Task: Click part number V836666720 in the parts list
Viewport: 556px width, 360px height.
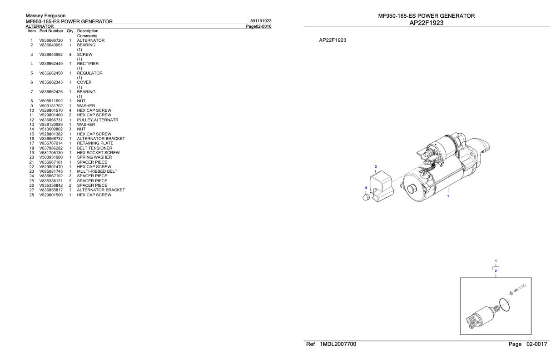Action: coord(51,40)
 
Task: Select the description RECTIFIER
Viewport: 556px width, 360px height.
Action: coord(88,64)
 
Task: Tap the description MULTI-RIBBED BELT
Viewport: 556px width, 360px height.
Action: coord(97,171)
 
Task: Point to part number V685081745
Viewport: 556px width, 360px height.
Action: coord(51,171)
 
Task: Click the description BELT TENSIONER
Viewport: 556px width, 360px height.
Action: coord(94,148)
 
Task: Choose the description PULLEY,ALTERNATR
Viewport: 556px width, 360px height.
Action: coord(97,120)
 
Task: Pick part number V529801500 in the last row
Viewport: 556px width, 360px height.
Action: coord(51,195)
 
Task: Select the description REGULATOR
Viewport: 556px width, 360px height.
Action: coord(89,73)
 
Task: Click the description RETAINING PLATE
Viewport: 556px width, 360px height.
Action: coord(95,143)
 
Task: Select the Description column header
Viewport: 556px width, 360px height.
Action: coord(87,31)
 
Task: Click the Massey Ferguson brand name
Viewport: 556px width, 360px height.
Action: coord(45,16)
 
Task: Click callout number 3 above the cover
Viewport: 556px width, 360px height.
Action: coord(375,167)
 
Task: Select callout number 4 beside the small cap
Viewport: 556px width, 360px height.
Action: coord(366,188)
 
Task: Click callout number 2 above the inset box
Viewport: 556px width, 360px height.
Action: coord(496,271)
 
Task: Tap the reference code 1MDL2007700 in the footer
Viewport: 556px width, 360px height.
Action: coord(338,344)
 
